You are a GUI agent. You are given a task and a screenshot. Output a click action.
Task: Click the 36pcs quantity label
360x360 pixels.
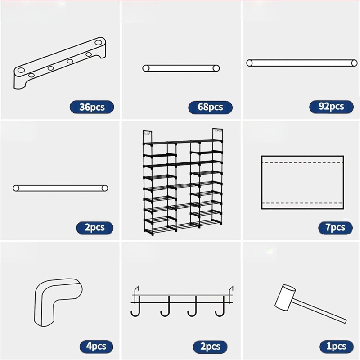[x=92, y=107]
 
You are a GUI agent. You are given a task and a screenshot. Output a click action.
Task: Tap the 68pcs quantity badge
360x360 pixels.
[x=210, y=107]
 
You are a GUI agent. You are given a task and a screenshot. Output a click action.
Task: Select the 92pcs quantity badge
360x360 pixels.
[x=331, y=107]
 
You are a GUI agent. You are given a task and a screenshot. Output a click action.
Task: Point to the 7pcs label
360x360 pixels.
[x=335, y=228]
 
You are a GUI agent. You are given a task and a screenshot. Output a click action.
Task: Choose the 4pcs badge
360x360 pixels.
[x=96, y=346]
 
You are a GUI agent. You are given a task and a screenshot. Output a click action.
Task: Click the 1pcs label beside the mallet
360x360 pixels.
[x=336, y=346]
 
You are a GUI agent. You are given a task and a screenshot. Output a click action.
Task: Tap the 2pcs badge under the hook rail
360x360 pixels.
[x=210, y=346]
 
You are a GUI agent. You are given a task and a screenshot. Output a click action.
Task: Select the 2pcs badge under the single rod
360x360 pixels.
[x=94, y=228]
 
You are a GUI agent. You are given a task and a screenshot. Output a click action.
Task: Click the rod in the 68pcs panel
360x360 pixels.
[x=181, y=68]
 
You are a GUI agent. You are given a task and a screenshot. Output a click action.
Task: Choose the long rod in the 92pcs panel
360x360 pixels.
[x=301, y=63]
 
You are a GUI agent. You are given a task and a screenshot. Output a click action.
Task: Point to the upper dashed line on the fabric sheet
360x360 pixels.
[x=302, y=162]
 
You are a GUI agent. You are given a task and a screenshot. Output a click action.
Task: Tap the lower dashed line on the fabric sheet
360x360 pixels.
[x=302, y=203]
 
